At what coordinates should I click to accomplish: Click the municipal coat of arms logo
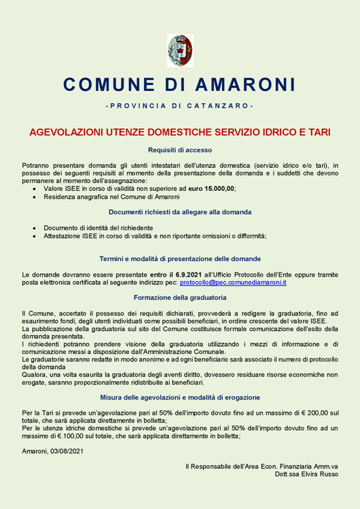[179, 50]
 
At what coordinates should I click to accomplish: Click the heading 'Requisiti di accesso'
[180, 150]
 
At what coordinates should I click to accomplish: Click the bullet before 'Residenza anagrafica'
[35, 196]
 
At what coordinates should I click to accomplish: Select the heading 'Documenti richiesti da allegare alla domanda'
[180, 212]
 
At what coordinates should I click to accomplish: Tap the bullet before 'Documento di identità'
[35, 228]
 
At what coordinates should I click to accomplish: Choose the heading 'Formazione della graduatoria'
[180, 298]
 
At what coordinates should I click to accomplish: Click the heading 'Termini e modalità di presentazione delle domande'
[180, 259]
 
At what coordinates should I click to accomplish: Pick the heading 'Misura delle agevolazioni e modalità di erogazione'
[180, 397]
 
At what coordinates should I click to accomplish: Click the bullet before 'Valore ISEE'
[35, 188]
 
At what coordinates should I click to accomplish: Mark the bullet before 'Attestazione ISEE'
[35, 236]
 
